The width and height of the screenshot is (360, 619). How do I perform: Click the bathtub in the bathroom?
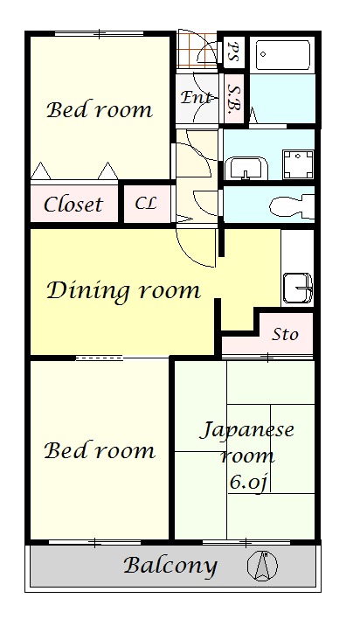(x=282, y=55)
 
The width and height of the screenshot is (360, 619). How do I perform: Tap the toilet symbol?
(x=292, y=205)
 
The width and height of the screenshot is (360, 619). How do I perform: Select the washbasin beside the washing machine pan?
(x=246, y=168)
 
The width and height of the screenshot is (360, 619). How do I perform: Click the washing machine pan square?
(x=298, y=164)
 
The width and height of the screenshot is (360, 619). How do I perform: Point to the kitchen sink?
(x=298, y=288)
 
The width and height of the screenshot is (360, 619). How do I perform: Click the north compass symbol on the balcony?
(x=262, y=566)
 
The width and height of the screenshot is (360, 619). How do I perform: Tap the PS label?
(x=232, y=51)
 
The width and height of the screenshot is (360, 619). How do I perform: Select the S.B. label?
(x=233, y=98)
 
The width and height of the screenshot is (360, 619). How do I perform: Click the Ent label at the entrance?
(x=197, y=97)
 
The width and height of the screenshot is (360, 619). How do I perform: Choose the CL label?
(x=146, y=204)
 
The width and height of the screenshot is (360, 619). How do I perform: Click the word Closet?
(x=73, y=204)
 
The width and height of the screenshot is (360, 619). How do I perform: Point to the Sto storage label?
(x=285, y=334)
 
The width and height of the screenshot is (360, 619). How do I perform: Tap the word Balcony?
(x=170, y=566)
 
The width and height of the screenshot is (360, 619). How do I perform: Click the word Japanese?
(x=247, y=430)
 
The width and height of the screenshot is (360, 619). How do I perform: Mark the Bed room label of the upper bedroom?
(x=100, y=110)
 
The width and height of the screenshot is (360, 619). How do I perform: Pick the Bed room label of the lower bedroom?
(x=100, y=450)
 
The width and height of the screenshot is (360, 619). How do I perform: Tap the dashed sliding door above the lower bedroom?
(x=99, y=358)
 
